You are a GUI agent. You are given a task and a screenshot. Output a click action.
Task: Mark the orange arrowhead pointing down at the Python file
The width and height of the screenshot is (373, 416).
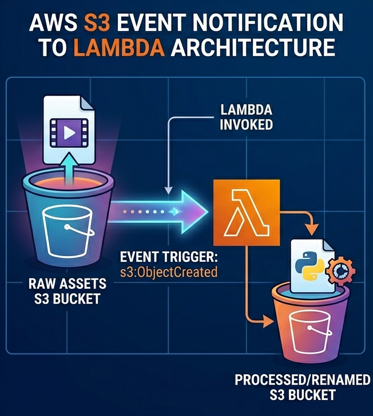point(311,229)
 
